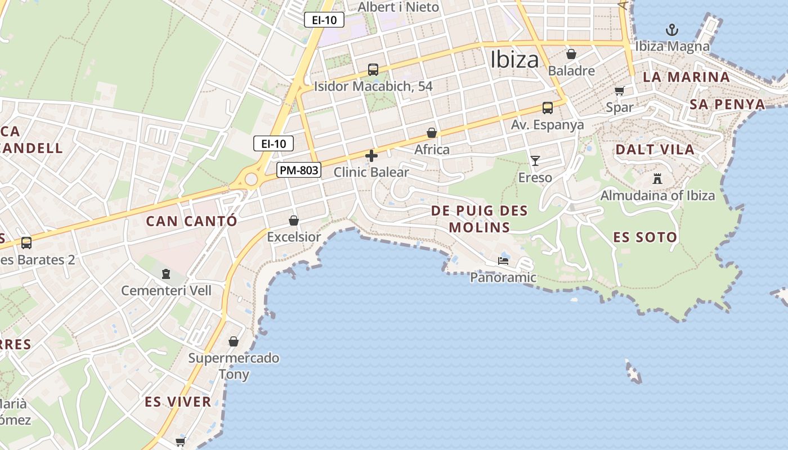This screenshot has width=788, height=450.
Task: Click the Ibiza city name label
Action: (x=514, y=60)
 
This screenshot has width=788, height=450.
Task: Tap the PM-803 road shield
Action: (x=298, y=170)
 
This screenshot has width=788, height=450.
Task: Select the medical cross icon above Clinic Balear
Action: (x=371, y=156)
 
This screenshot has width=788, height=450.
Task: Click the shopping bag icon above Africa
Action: (x=432, y=133)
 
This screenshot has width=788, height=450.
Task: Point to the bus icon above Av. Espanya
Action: (x=547, y=108)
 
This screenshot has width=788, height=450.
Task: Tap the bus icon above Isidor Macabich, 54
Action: (x=373, y=70)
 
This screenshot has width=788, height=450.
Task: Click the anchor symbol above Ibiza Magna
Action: (x=671, y=30)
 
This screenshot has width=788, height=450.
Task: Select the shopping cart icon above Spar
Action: (x=620, y=91)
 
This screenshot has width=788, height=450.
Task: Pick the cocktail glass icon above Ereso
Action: (x=535, y=161)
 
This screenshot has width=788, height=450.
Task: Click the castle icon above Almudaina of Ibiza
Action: (x=657, y=179)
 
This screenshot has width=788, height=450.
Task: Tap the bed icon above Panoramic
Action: (x=503, y=261)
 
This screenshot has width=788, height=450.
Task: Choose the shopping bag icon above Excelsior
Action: (x=293, y=220)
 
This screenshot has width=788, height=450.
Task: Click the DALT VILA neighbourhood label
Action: (x=655, y=150)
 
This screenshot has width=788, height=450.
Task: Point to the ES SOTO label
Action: (x=644, y=237)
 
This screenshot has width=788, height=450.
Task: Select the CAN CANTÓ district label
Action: (x=191, y=221)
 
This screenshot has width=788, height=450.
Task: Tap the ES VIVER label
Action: (x=178, y=402)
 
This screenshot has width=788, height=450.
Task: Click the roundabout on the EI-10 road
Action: (x=251, y=179)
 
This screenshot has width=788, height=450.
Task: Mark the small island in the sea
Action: (x=634, y=372)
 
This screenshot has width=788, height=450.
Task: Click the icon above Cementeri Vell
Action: (x=166, y=274)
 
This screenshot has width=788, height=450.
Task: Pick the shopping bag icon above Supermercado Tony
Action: (x=234, y=341)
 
